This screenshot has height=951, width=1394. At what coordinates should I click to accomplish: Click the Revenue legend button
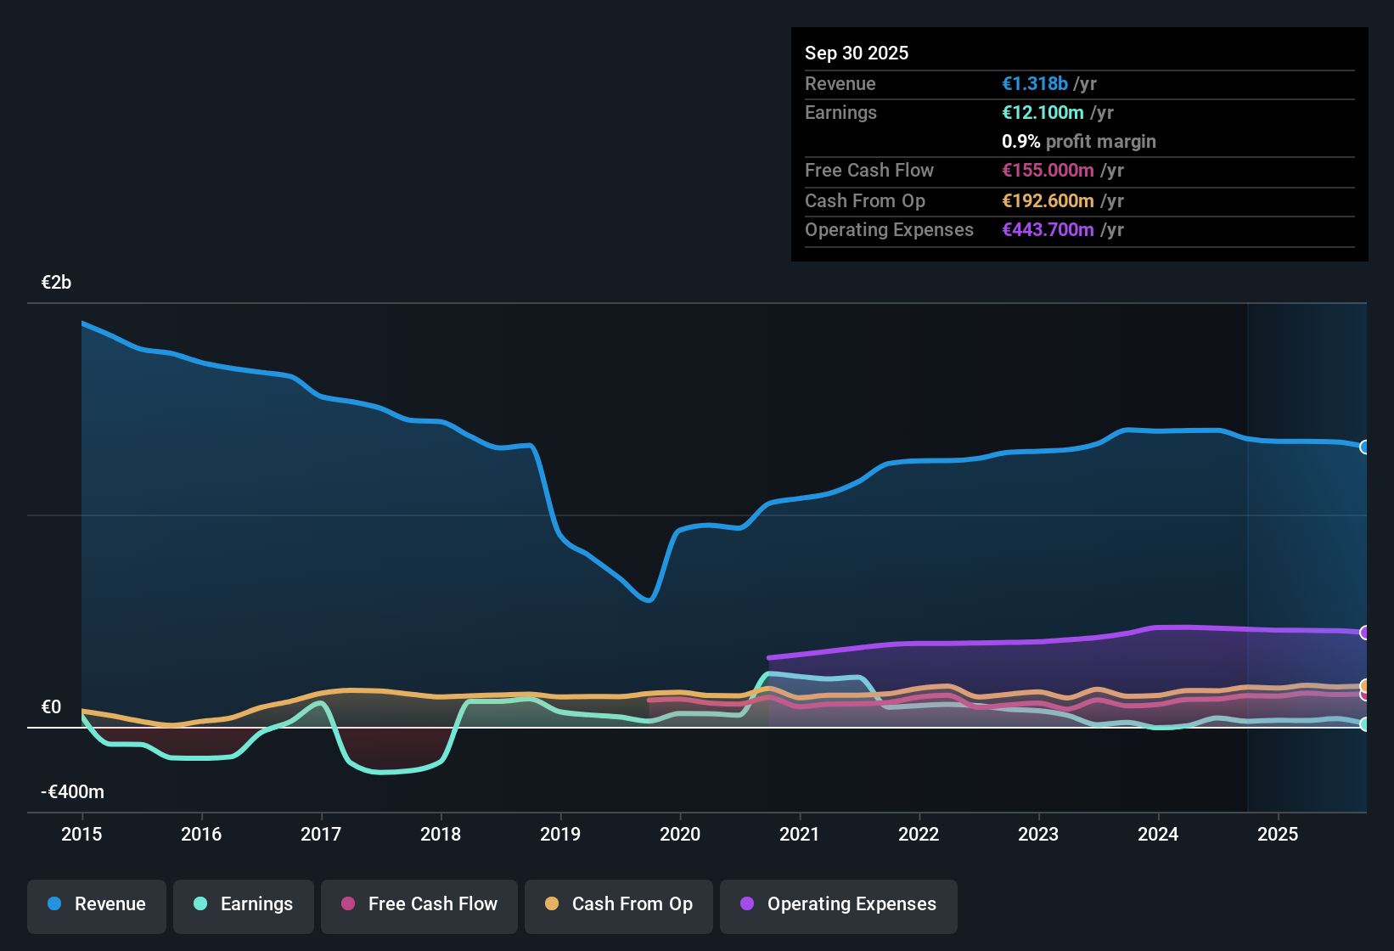(97, 904)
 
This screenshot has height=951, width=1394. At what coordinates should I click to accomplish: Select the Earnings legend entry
(244, 904)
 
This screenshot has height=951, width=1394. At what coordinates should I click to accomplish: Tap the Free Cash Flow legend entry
(419, 904)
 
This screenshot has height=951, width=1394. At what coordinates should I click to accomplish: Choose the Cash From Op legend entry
(619, 904)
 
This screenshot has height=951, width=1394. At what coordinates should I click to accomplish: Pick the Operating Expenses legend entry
(839, 904)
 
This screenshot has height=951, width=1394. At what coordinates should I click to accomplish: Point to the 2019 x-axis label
(560, 835)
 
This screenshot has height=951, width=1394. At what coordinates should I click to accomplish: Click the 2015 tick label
(82, 835)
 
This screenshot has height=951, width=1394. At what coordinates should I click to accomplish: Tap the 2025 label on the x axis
(1278, 835)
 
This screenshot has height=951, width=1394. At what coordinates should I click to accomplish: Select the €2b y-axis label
(57, 283)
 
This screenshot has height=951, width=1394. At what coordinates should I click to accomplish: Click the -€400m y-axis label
(73, 792)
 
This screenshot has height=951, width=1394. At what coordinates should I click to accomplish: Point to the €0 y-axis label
(52, 707)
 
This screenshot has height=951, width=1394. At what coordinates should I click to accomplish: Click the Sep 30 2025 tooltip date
(857, 53)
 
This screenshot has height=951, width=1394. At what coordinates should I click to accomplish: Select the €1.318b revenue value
(1035, 84)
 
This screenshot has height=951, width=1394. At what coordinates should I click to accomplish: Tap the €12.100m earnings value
(1043, 113)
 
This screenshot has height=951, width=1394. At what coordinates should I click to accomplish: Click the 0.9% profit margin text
(1079, 142)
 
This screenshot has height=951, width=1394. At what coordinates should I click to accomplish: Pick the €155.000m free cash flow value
(1048, 171)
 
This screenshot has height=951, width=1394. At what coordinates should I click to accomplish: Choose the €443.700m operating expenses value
(1048, 230)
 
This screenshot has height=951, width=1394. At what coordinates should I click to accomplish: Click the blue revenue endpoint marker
(1364, 447)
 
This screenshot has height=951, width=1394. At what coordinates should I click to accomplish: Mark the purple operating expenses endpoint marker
(1364, 633)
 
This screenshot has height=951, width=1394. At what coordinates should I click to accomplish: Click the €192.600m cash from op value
(1048, 201)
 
